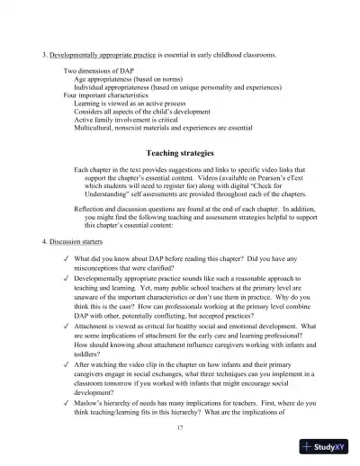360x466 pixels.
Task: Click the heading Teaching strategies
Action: click(x=180, y=154)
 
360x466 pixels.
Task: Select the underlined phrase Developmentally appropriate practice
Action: click(x=104, y=55)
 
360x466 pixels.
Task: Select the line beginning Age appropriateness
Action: click(x=135, y=78)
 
